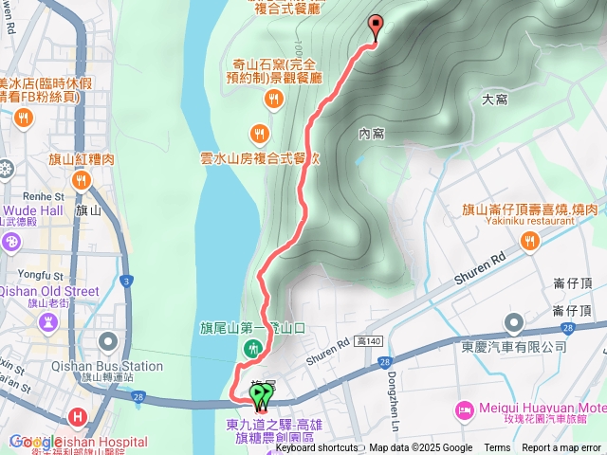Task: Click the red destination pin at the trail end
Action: point(375,27)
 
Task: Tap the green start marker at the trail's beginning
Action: point(258,393)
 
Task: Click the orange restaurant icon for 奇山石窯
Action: point(273,98)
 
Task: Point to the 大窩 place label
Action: point(495,98)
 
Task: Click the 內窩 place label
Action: point(371,134)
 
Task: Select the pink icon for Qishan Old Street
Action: point(45,324)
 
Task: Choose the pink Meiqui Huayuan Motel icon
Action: point(465,409)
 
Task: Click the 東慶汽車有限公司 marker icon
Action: point(514,325)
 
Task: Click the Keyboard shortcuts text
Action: point(317,448)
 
